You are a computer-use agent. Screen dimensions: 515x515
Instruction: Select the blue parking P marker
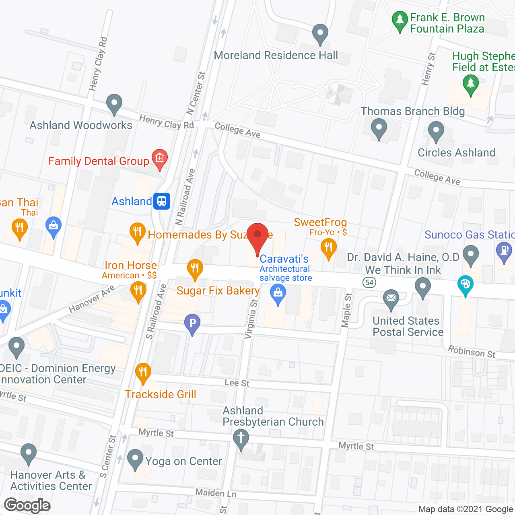coord(192,323)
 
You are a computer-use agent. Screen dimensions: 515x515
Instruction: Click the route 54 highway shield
coord(369,282)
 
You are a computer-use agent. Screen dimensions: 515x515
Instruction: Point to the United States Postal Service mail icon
coord(391,299)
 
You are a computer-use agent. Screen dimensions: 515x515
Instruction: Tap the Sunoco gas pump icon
coord(504,251)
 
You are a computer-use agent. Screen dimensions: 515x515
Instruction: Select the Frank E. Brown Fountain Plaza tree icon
coord(400,21)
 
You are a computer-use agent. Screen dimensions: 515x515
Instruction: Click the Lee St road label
coord(237,383)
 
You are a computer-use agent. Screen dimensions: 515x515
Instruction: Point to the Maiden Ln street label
coord(216,493)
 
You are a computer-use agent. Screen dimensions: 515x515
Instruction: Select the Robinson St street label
coord(472,352)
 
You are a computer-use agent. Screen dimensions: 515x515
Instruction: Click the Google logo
coord(27,505)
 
